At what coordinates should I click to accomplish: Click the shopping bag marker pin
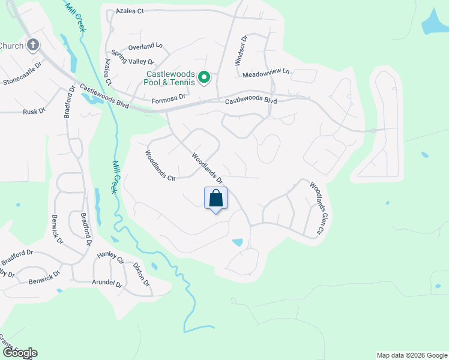click(216, 199)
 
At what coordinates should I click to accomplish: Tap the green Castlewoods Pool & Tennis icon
click(204, 77)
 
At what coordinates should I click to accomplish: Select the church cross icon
click(33, 45)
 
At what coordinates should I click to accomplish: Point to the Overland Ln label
click(145, 46)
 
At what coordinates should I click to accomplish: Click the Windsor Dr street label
click(240, 51)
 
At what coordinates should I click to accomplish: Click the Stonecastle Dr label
click(23, 73)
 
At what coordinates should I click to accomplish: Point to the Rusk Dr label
click(34, 112)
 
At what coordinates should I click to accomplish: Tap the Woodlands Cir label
click(160, 166)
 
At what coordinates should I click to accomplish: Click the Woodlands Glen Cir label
click(318, 208)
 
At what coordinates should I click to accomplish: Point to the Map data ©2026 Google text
click(412, 355)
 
